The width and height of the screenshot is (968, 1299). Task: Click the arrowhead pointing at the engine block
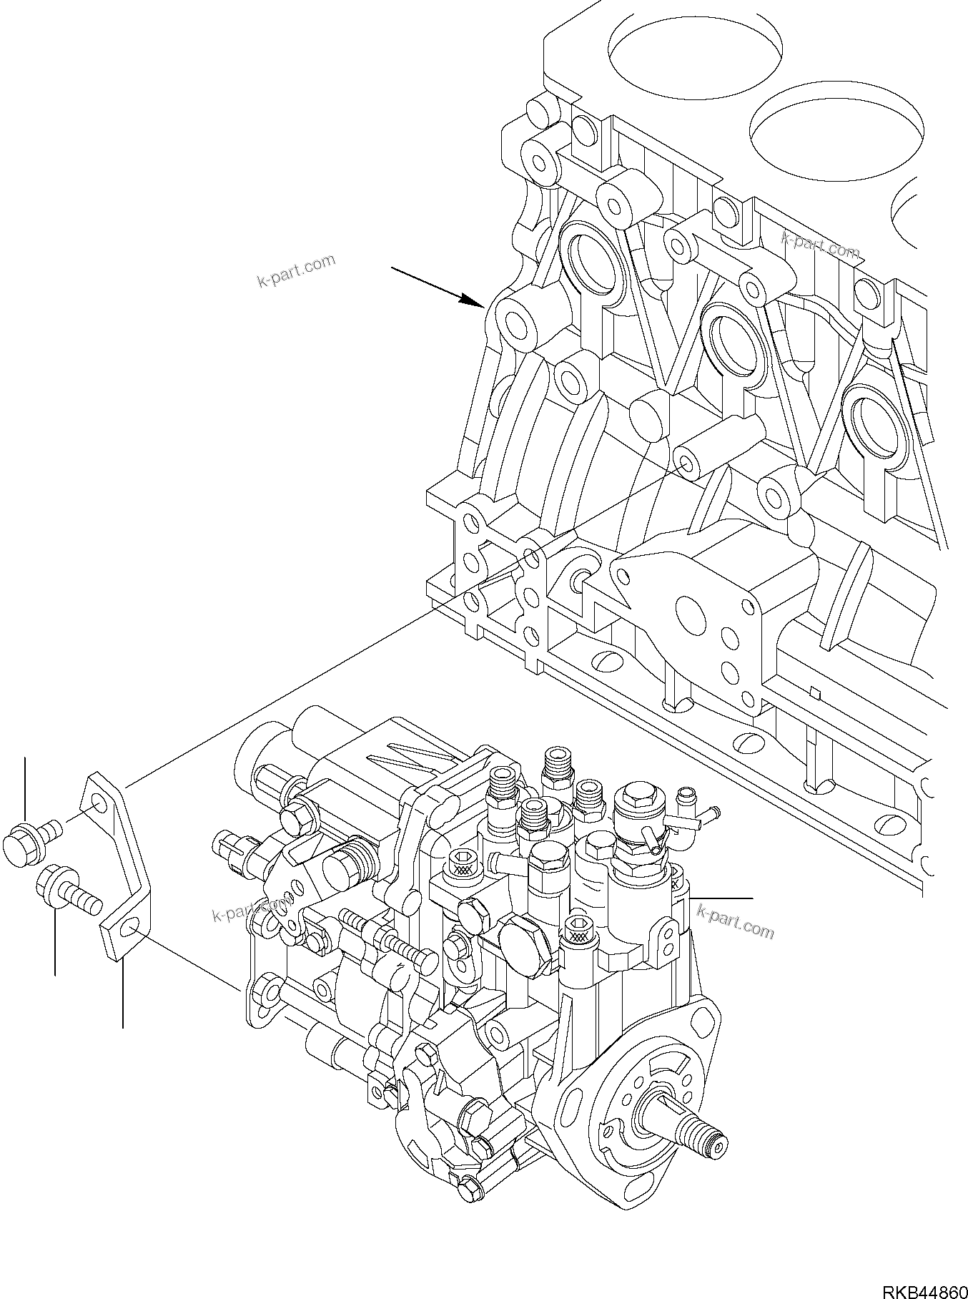pos(475,301)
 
